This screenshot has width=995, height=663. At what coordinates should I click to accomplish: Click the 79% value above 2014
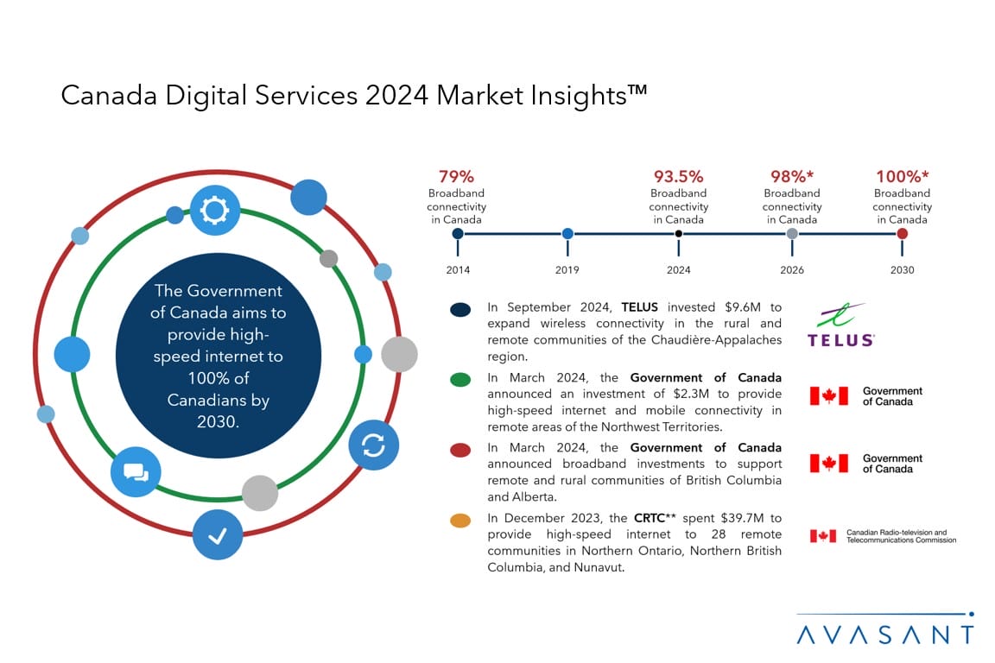[x=456, y=177]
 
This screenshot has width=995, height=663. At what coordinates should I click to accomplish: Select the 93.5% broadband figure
[x=678, y=177]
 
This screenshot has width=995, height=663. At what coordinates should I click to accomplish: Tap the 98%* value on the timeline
[x=791, y=177]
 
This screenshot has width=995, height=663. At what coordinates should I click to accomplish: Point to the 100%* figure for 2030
[x=902, y=177]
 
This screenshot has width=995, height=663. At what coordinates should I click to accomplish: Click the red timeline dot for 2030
[x=903, y=233]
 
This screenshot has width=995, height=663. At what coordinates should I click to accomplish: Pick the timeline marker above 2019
[x=567, y=233]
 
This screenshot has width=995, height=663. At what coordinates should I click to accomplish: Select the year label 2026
[x=791, y=270]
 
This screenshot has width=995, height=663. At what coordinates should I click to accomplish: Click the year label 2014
[x=458, y=270]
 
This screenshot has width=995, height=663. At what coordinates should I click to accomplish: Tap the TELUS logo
[x=840, y=325]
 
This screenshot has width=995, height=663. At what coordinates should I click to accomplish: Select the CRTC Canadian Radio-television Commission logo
[x=882, y=536]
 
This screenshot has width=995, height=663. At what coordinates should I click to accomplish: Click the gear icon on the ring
[x=214, y=210]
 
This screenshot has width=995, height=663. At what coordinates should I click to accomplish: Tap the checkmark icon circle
[x=217, y=535]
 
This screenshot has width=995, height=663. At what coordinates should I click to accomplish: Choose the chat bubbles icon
[x=136, y=471]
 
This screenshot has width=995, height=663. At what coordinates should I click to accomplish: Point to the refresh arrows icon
[x=373, y=445]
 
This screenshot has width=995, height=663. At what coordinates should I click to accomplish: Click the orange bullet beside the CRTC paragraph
[x=460, y=521]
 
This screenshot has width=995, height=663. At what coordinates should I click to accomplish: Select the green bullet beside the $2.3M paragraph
[x=460, y=380]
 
